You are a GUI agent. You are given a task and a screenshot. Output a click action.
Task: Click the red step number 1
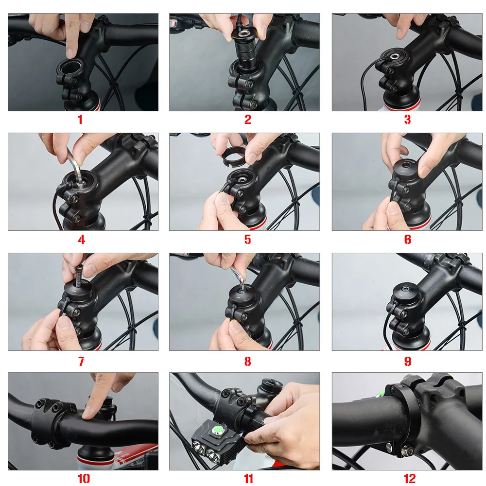[81, 120]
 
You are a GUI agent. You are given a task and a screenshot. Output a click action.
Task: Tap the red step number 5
[248, 239]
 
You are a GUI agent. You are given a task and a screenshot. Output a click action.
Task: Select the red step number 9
[407, 361]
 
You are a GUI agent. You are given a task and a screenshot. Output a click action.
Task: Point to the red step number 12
[410, 479]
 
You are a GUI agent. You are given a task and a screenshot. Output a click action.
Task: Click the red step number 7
[81, 361]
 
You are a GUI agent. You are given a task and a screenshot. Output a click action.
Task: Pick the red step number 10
[84, 479]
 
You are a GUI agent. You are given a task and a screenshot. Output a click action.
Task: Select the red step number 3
[407, 120]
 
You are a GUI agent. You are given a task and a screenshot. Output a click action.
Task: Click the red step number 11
[248, 479]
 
